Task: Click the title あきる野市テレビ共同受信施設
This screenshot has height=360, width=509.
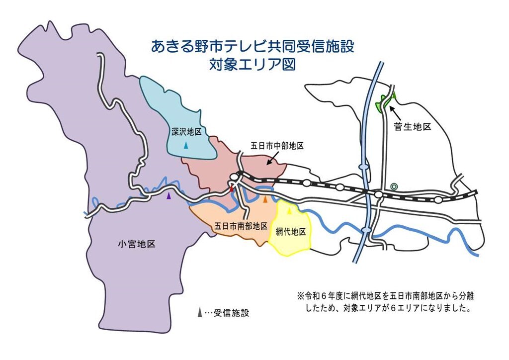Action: tap(253, 47)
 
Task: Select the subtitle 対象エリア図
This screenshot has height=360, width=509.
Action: tap(253, 65)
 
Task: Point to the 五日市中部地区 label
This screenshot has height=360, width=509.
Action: tap(277, 146)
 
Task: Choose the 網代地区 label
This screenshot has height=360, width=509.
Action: tap(290, 232)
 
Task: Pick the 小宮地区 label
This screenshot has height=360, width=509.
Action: tap(137, 244)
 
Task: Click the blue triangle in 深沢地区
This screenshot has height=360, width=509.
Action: tap(186, 146)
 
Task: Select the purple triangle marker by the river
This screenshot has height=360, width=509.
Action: tap(169, 196)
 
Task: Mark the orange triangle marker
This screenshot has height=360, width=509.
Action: tap(265, 199)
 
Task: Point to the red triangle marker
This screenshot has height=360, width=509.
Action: tap(232, 188)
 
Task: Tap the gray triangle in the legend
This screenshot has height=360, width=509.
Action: tap(199, 313)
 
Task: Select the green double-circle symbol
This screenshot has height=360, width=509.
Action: tap(394, 186)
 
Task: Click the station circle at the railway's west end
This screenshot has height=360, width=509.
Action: tap(234, 177)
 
